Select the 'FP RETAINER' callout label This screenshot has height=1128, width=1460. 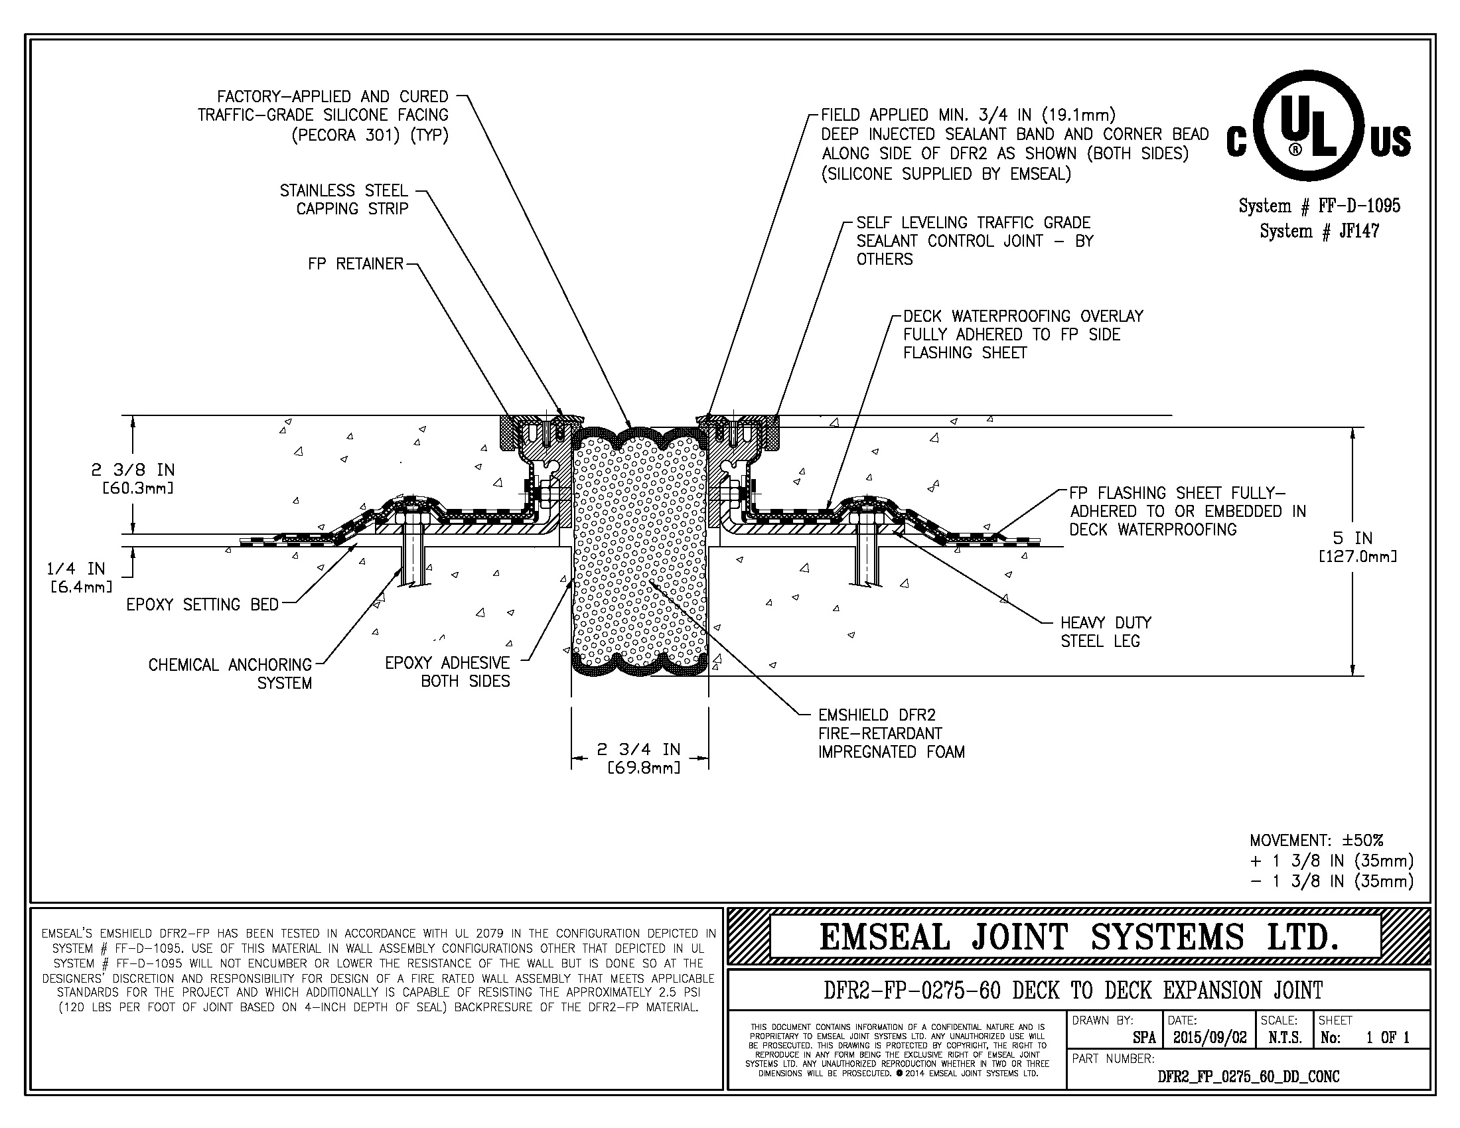(x=356, y=264)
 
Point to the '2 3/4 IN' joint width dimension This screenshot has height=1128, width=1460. (x=638, y=750)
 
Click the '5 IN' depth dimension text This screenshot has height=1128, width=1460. (x=1352, y=539)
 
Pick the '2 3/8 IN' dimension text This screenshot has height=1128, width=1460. (x=132, y=470)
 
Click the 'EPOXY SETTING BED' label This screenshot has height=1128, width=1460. (x=202, y=604)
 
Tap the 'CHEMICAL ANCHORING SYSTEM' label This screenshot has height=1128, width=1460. (x=231, y=673)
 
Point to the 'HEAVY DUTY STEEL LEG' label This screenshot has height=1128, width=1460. (x=1106, y=632)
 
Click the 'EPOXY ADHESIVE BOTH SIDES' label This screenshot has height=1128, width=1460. (x=447, y=672)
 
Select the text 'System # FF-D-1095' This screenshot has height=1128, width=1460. (x=1319, y=206)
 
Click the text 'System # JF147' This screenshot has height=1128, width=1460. (x=1319, y=232)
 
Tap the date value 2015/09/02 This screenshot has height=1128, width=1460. (x=1210, y=1038)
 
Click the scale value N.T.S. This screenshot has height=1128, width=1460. (x=1285, y=1038)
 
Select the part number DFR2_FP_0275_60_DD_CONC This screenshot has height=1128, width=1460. (x=1248, y=1076)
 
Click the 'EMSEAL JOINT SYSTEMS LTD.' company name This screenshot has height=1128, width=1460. (x=1079, y=938)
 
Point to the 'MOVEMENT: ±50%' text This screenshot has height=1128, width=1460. (x=1316, y=841)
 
